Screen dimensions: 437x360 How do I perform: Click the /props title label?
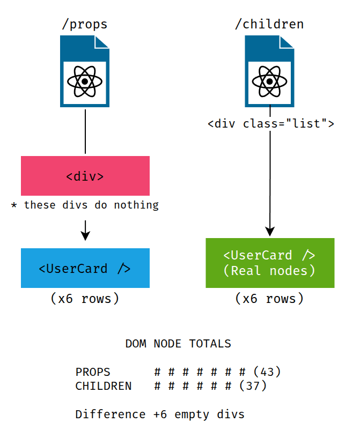coord(85,24)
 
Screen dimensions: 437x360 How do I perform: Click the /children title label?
coord(269,24)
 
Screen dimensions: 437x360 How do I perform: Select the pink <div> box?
coord(85,176)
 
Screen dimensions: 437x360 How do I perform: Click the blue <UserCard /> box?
coord(85,268)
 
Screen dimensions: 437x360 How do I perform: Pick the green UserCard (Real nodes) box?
coord(270,263)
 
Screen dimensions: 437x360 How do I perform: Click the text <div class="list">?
coord(271,124)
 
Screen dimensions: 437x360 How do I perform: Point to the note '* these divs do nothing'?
coord(85,205)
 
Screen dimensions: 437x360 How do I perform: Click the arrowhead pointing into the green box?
coord(270,231)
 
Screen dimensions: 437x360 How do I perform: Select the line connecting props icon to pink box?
coord(85,131)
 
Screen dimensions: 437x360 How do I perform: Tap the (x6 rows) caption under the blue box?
coord(85,299)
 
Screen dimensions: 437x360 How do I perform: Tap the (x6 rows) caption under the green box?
coord(269,299)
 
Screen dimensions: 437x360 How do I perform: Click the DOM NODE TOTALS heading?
coord(178,344)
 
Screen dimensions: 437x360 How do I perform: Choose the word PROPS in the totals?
coord(93,372)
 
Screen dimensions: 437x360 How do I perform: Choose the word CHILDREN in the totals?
coord(104,386)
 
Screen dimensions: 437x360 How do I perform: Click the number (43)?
coord(267,372)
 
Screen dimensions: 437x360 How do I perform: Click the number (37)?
coord(253,386)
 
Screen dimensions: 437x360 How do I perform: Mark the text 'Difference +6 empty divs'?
coord(160,414)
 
